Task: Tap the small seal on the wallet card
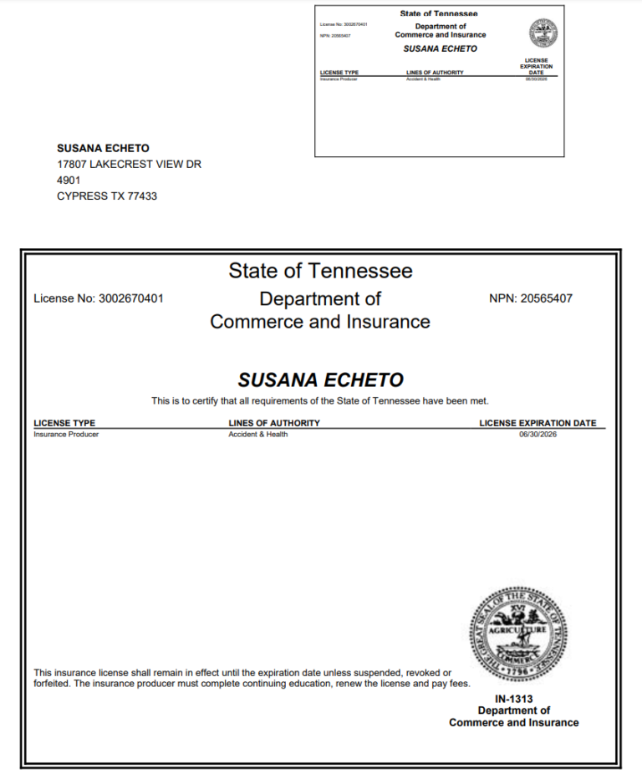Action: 543,33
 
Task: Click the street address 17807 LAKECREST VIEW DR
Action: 129,165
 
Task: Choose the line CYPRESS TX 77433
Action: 107,196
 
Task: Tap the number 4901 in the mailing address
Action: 69,181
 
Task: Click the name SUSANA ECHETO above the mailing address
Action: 103,149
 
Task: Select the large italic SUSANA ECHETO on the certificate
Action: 320,380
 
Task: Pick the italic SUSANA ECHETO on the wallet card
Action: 440,48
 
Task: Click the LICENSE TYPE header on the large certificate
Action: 64,423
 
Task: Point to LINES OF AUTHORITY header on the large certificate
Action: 273,423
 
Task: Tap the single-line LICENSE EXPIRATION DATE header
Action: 538,423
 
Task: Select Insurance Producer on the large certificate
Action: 66,435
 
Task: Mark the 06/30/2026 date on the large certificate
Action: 538,435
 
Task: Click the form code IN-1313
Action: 513,699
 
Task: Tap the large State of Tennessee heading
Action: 320,271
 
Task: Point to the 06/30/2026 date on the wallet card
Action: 535,79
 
